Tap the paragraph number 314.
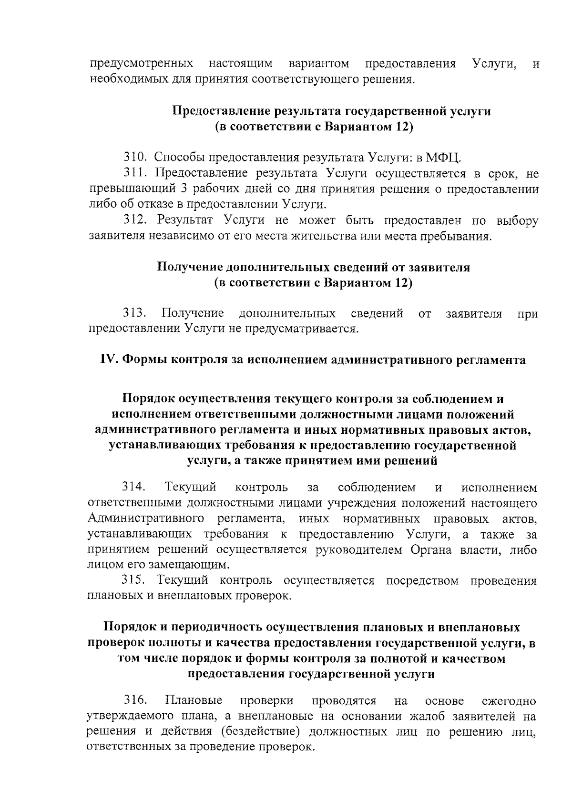133,488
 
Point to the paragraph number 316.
135,701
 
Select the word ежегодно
509,701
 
